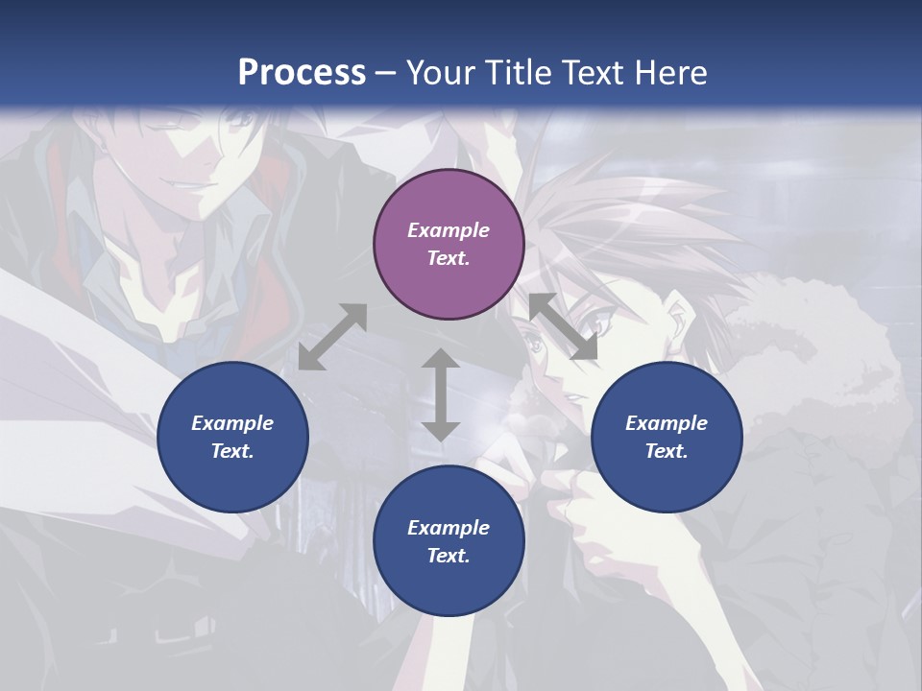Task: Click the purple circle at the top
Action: pos(449,244)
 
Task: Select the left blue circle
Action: pos(232,437)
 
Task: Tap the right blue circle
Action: pos(667,437)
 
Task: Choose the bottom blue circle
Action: pos(449,541)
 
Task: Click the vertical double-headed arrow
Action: pos(441,394)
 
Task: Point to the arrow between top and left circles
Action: pos(333,337)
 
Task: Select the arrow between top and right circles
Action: pos(564,327)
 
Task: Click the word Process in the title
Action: pos(302,72)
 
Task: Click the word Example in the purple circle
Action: pos(449,230)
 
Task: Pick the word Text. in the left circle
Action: pos(232,451)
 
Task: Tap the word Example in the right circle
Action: pos(667,423)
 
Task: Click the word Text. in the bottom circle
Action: pos(449,556)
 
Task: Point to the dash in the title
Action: pos(386,73)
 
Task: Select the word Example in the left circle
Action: pos(232,423)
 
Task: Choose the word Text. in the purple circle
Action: pos(449,258)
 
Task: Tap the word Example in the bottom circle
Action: pos(449,528)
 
